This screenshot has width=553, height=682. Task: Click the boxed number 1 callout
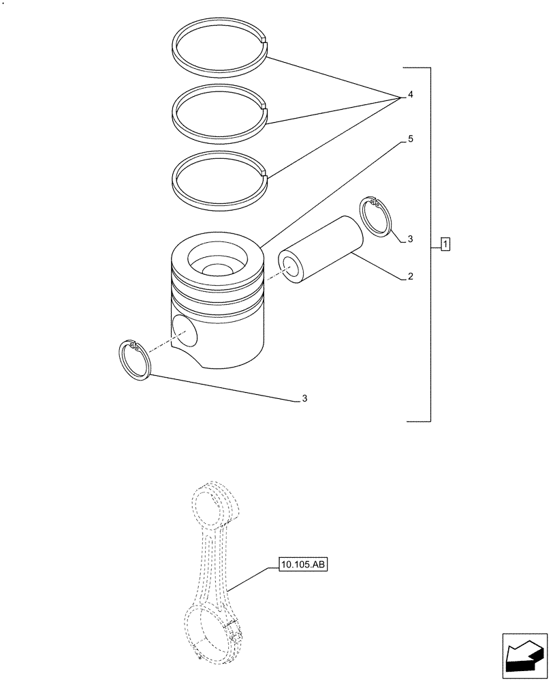pyautogui.click(x=445, y=244)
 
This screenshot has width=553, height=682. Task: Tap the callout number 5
pyautogui.click(x=410, y=138)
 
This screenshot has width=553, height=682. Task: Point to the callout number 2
pyautogui.click(x=410, y=276)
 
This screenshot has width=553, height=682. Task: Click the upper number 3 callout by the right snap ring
pyautogui.click(x=410, y=239)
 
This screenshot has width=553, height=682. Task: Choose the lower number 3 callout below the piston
pyautogui.click(x=304, y=398)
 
